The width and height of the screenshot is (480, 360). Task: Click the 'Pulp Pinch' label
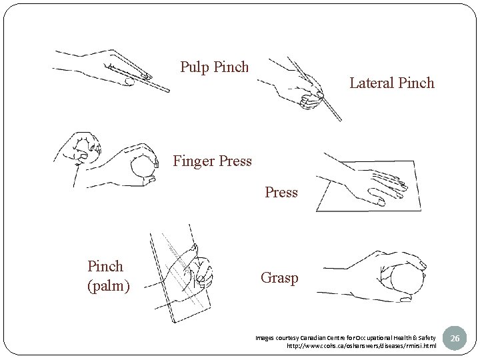(214, 67)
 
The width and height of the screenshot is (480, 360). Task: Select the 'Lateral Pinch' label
(391, 83)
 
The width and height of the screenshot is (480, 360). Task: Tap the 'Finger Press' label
(212, 161)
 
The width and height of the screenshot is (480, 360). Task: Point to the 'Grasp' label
(279, 278)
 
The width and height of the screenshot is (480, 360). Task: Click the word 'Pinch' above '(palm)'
(105, 266)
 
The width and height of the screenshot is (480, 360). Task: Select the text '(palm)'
(108, 286)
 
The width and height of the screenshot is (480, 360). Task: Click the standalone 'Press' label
(281, 193)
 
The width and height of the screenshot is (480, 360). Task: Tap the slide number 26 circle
(455, 339)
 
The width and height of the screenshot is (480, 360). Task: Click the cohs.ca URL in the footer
(361, 346)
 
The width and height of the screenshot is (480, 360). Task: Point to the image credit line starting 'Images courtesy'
(345, 338)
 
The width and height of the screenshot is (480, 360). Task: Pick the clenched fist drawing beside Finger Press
(83, 151)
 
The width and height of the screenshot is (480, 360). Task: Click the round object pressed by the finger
(143, 166)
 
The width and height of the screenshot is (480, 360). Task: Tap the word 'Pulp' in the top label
(195, 67)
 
